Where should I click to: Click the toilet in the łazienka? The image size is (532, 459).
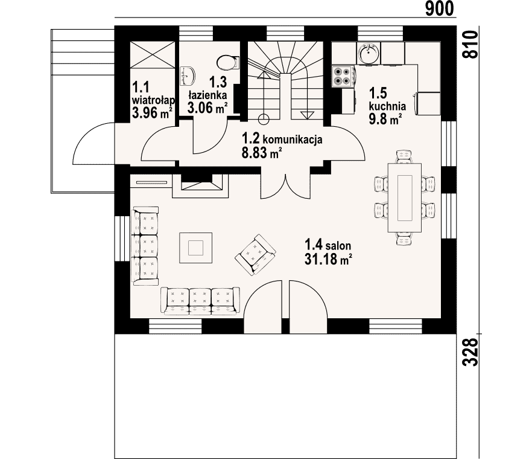(227, 62)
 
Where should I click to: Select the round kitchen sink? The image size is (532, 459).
(369, 53)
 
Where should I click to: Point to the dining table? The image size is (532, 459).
(404, 197)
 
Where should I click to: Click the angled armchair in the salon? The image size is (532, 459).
(255, 254)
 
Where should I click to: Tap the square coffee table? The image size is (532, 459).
(196, 248)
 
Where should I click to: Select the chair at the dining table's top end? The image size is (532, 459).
(404, 156)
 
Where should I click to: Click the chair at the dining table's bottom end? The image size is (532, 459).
(404, 239)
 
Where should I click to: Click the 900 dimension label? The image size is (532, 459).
(439, 8)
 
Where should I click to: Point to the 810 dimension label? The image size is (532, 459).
(471, 44)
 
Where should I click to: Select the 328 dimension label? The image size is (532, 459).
(471, 352)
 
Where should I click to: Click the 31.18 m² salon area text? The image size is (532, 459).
(328, 260)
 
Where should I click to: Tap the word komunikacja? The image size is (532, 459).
(293, 140)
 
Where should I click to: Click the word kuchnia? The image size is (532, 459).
(387, 106)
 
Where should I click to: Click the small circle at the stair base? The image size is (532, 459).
(264, 119)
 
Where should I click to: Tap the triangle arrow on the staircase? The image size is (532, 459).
(306, 115)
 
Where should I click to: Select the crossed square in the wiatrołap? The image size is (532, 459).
(153, 55)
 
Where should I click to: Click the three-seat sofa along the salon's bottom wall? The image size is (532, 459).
(200, 301)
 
